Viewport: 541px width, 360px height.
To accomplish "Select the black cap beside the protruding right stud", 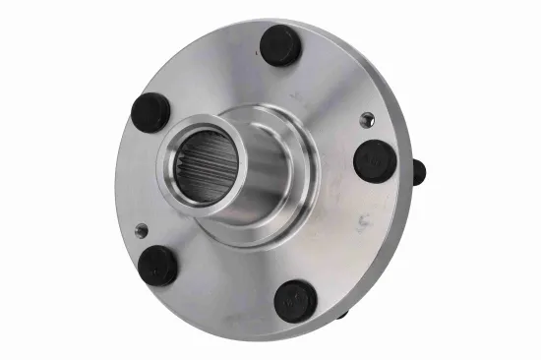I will coord(375,160).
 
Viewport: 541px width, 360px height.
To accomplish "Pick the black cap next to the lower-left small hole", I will coord(157,265).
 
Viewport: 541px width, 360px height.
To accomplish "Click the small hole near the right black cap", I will coord(367,120).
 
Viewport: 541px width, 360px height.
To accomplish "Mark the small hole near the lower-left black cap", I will coord(142,230).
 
